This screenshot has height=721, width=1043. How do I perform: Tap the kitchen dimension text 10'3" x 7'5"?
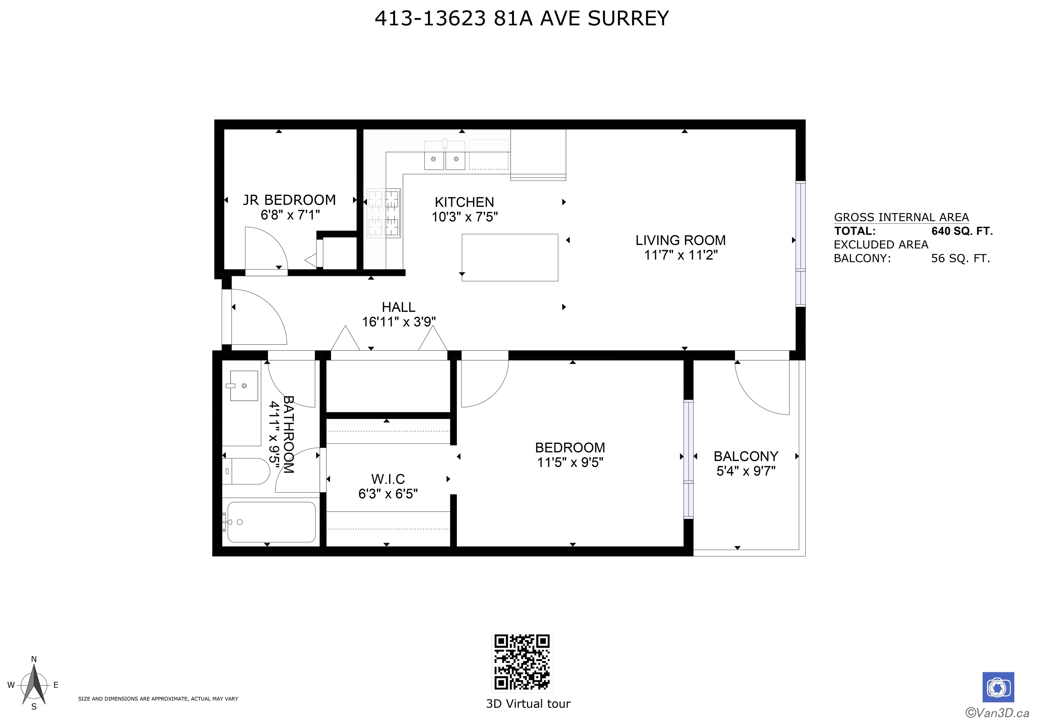pos(464,217)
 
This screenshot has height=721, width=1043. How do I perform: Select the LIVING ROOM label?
pos(680,240)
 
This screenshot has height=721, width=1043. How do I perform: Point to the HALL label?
pos(398,307)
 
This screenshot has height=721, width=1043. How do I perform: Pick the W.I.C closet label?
pos(388,479)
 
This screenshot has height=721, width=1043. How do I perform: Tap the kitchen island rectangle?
pos(510,258)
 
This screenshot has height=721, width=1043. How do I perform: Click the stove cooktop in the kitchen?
pos(384,213)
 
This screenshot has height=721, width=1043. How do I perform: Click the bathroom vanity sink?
pos(244,386)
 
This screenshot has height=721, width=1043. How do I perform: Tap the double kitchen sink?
pos(444,154)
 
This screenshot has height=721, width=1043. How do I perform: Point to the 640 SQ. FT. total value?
pos(962,231)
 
